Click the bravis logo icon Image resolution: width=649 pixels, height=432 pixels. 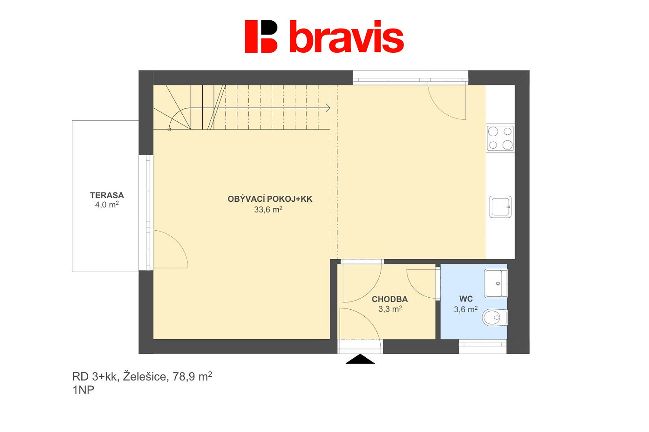click(261, 37)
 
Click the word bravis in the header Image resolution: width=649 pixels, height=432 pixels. click(347, 37)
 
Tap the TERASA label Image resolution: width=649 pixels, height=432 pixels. click(107, 195)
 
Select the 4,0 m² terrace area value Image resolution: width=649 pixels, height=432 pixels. click(107, 205)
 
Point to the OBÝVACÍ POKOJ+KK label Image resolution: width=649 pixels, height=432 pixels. click(270, 199)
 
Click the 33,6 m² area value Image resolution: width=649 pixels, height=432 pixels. click(268, 210)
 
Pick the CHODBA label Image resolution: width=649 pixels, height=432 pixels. click(390, 299)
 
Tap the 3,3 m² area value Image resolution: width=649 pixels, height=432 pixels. click(390, 309)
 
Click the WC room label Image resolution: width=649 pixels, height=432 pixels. click(466, 299)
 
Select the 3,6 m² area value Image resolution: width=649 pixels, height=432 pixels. click(466, 309)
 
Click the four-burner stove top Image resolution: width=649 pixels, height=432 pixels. click(500, 138)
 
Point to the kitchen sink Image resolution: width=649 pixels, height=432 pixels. click(500, 207)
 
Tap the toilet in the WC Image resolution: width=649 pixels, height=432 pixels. click(495, 318)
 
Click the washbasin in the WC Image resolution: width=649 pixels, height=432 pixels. click(496, 283)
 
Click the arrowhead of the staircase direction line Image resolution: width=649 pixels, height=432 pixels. click(328, 108)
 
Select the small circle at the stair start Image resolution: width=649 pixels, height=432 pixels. click(169, 130)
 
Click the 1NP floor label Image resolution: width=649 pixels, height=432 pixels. click(83, 390)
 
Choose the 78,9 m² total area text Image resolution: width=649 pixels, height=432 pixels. click(192, 376)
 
